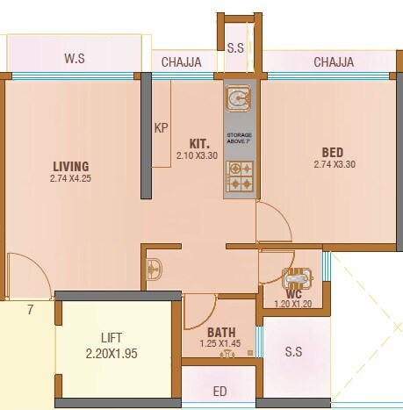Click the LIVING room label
point(71,166)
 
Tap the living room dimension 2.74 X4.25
point(71,179)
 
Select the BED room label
point(332,151)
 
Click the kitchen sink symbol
point(238,97)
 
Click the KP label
point(161,128)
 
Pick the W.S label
point(74,59)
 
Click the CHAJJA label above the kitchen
point(182,61)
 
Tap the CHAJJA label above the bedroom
point(334,61)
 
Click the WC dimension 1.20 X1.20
point(293,304)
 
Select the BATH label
point(221,332)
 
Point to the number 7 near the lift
point(30,310)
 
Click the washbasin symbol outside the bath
point(153,267)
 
